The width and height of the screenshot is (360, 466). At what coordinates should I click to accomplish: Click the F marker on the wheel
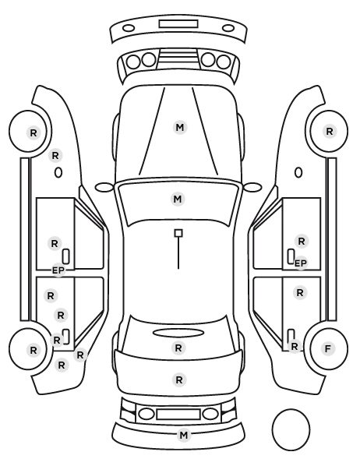pos(328,348)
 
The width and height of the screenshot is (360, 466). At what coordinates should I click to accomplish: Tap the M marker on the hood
pos(180,128)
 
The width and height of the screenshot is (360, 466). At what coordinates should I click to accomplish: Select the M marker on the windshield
pos(178,199)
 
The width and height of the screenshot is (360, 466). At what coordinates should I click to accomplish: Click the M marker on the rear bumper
pos(184,435)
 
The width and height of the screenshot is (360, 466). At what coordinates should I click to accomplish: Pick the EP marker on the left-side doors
pos(58,270)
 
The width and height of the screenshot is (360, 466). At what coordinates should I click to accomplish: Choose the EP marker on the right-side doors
pos(301,263)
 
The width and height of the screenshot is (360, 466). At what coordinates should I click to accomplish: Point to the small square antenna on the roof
pos(178,233)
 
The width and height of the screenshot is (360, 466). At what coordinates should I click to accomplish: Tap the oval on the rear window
pos(178,333)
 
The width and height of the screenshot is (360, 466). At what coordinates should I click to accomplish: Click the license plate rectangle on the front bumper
pos(178,24)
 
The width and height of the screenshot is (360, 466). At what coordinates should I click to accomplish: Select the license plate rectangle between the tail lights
pos(178,415)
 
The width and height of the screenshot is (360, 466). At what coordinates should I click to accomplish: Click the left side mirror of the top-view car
pos(104,187)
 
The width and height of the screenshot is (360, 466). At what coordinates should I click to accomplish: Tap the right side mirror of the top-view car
pos(252,187)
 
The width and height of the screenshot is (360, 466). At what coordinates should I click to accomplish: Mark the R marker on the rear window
pos(178,348)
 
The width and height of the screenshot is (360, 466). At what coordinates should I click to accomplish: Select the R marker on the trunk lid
pos(179,380)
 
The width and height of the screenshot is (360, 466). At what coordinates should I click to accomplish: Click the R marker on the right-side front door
pos(302,242)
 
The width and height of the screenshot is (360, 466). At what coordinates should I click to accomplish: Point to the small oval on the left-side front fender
pos(58,173)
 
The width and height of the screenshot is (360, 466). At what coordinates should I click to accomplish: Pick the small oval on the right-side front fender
pos(298,173)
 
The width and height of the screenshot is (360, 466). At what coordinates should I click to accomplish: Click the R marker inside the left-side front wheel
pos(34,132)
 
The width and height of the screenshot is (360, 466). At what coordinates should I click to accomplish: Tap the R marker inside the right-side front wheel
pos(330,132)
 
